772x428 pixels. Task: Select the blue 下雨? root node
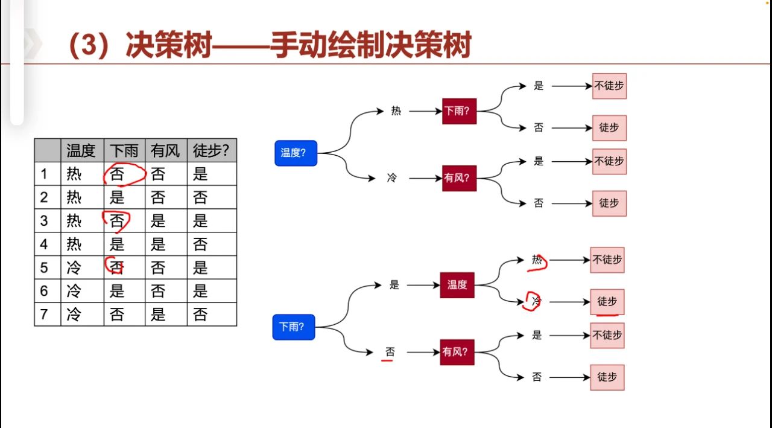(x=294, y=327)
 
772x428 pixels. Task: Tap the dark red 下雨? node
(x=459, y=111)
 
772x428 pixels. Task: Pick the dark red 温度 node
(x=457, y=285)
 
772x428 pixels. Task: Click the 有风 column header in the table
(x=166, y=150)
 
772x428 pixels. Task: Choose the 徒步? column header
(x=211, y=150)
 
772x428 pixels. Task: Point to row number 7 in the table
(x=44, y=315)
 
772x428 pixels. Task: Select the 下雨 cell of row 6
(x=117, y=291)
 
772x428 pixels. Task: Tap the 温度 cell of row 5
(x=74, y=267)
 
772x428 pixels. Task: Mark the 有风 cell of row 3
(x=158, y=221)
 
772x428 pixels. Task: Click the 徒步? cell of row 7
(x=200, y=315)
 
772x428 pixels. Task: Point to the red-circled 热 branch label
(x=537, y=260)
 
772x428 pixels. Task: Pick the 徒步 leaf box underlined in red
(x=607, y=301)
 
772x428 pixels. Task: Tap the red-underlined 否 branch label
(x=390, y=351)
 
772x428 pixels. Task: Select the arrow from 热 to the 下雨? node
(x=425, y=111)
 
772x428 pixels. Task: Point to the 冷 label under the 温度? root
(x=392, y=178)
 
